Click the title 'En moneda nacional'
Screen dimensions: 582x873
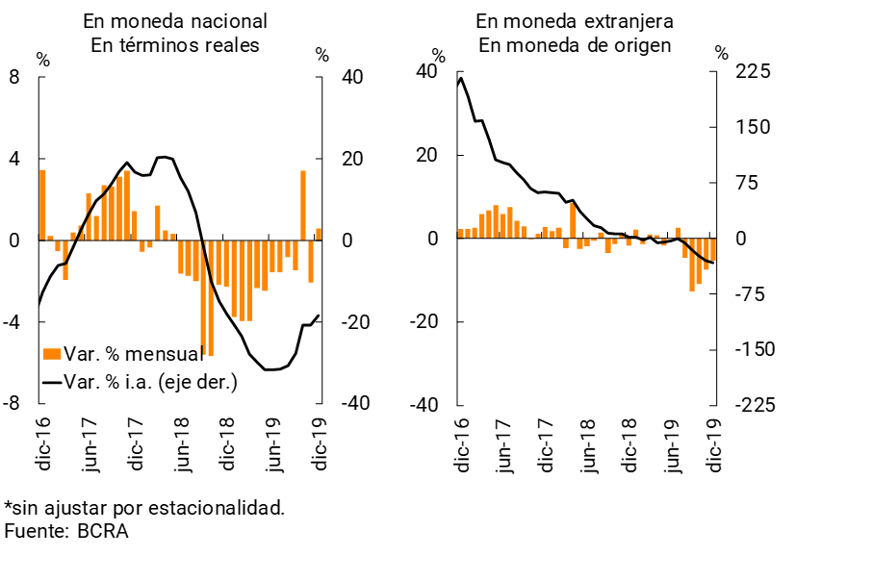[x=175, y=21]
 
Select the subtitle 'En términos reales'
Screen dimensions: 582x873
[x=175, y=45]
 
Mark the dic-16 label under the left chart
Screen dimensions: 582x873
[x=42, y=444]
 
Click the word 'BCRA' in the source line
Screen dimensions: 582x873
[x=103, y=530]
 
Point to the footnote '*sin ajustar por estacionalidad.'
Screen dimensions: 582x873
[x=144, y=507]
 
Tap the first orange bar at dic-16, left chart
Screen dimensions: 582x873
[x=42, y=205]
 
